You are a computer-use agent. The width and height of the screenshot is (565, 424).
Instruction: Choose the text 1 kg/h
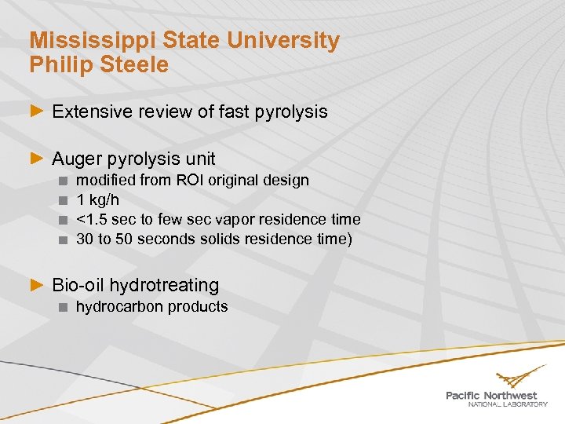click(97, 199)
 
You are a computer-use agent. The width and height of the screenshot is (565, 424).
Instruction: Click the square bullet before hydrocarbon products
click(63, 307)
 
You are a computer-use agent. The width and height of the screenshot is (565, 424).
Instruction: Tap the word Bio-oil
click(78, 285)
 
